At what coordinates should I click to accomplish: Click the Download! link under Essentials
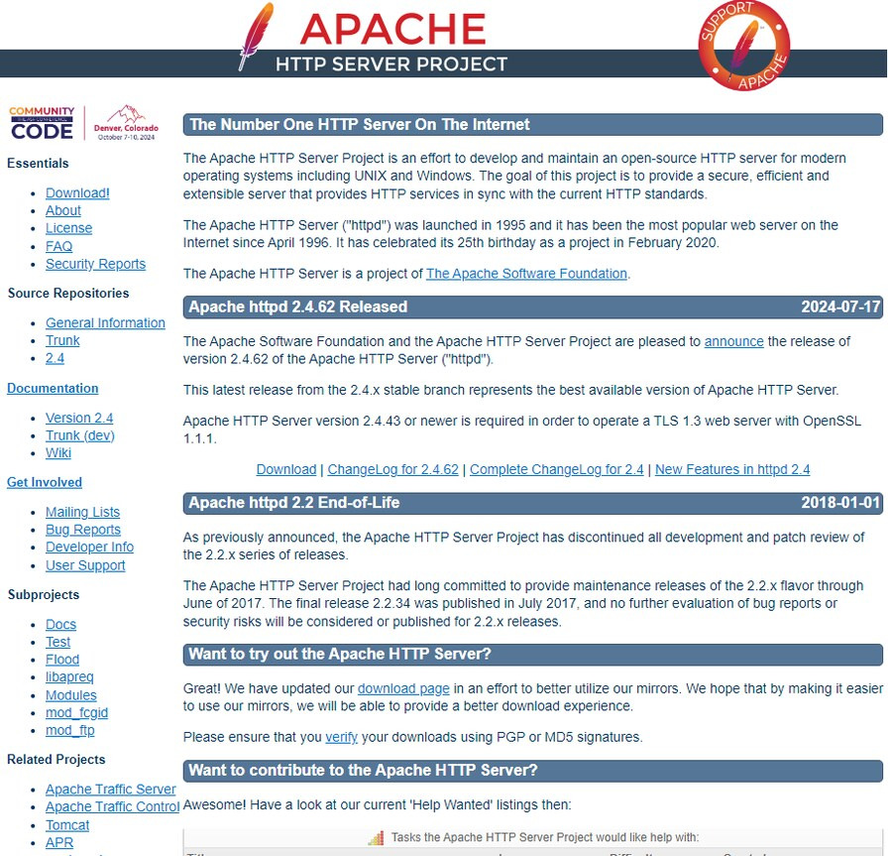[x=77, y=193]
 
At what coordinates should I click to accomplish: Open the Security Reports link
[x=95, y=264]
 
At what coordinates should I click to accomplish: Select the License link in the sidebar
[x=68, y=228]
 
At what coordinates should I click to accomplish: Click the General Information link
[x=105, y=323]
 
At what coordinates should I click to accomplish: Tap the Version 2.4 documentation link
[x=79, y=419]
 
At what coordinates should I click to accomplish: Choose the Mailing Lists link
[x=82, y=513]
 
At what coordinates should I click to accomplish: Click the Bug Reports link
[x=83, y=530]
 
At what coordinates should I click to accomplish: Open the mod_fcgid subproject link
[x=76, y=713]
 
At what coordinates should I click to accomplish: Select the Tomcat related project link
[x=67, y=825]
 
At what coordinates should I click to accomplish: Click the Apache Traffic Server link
[x=110, y=790]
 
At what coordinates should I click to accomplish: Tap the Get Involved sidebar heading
[x=45, y=483]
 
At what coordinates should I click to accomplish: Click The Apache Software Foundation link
[x=526, y=274]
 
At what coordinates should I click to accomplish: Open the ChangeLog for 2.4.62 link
[x=392, y=469]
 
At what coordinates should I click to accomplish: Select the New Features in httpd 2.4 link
[x=732, y=469]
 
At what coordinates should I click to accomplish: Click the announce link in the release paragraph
[x=733, y=341]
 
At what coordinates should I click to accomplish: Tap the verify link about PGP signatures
[x=341, y=737]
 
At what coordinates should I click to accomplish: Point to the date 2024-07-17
[x=840, y=307]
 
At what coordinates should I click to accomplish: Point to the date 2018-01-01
[x=840, y=503]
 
